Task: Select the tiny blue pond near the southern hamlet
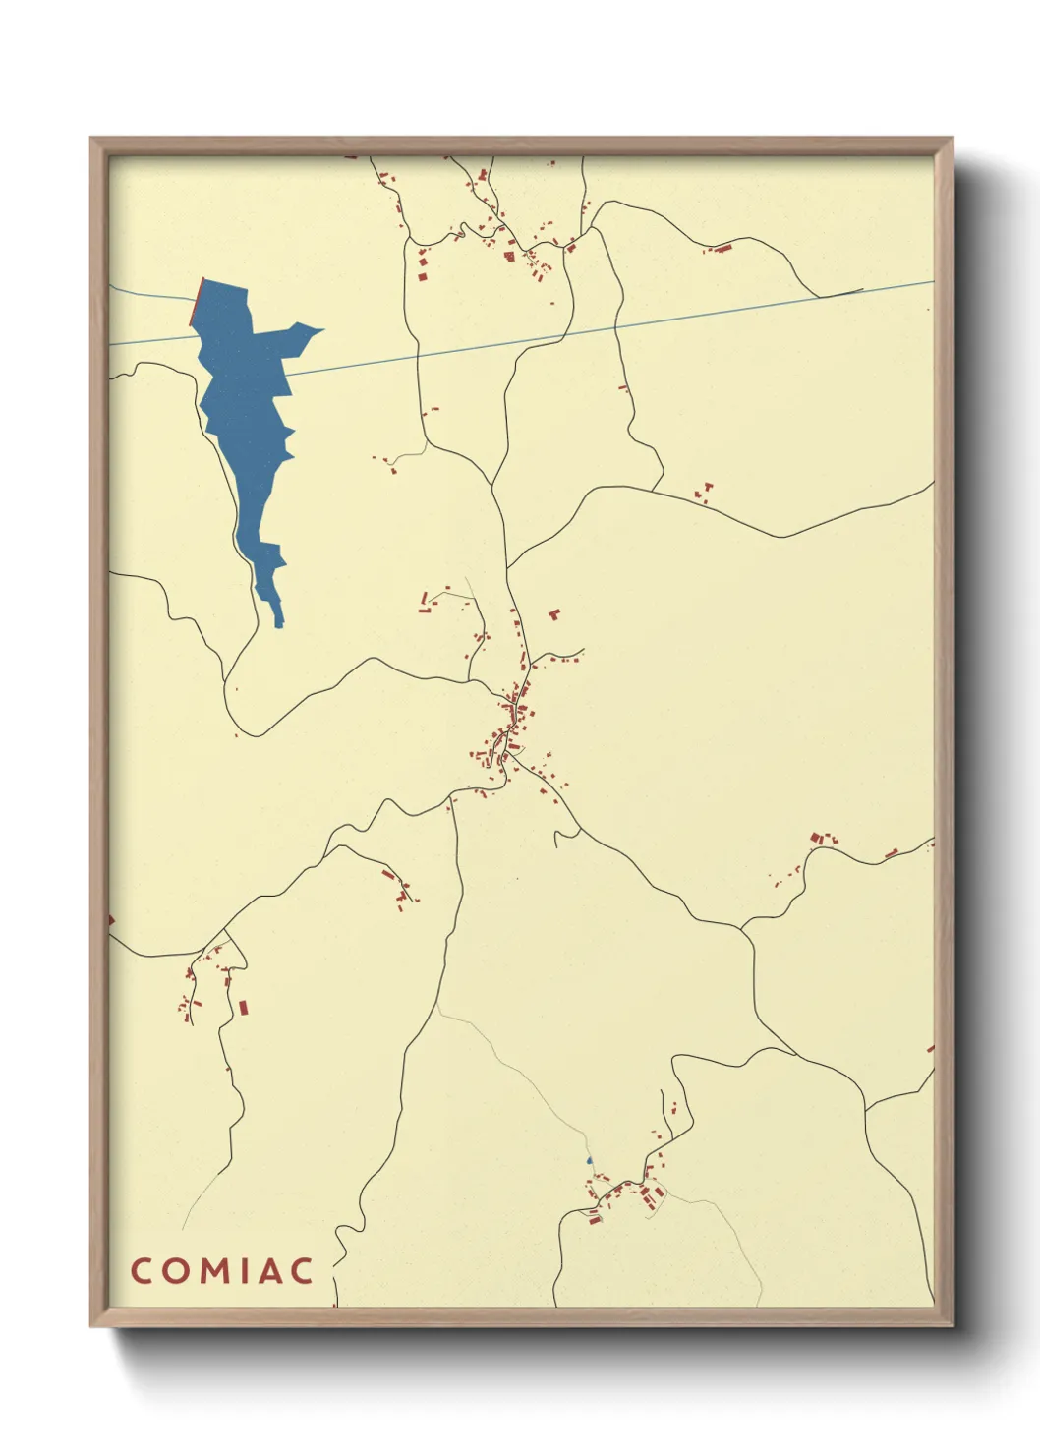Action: click(589, 1161)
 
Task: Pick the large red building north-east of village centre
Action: click(554, 614)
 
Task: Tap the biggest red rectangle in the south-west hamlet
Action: click(243, 1007)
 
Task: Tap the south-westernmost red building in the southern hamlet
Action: click(594, 1220)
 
